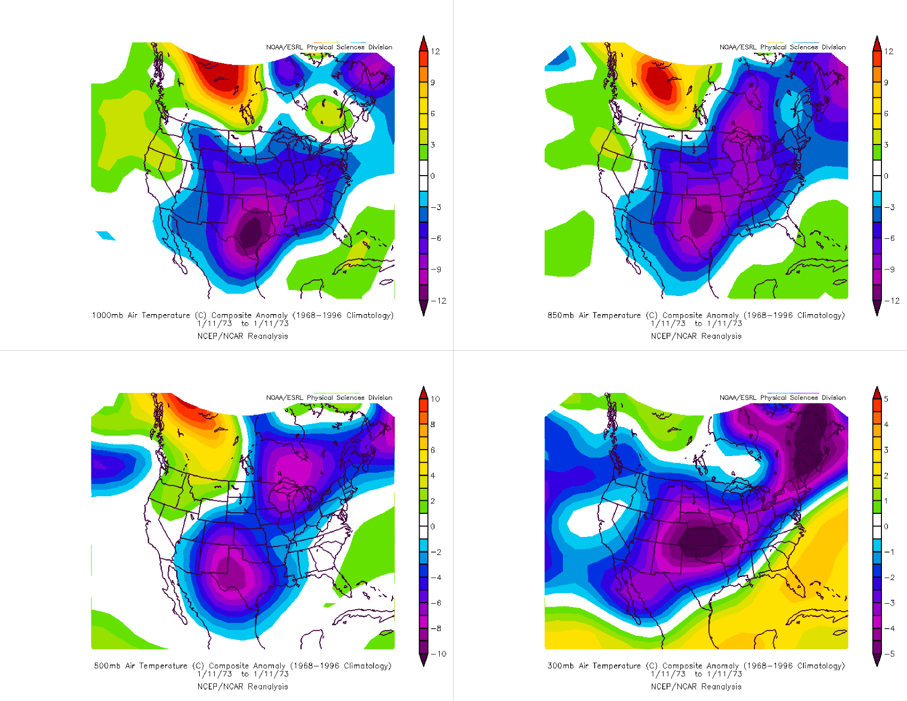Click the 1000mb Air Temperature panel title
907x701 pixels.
click(x=242, y=315)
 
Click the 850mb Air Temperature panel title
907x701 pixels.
click(x=696, y=315)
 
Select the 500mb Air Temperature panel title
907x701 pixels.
click(x=242, y=665)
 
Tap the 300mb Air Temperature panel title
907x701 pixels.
click(x=696, y=665)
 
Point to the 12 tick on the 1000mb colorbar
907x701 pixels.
click(x=435, y=51)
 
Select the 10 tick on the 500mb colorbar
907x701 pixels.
click(x=435, y=399)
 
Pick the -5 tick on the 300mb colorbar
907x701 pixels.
click(x=889, y=654)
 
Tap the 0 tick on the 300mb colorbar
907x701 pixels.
click(x=886, y=526)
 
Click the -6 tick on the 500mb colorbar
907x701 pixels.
click(x=436, y=603)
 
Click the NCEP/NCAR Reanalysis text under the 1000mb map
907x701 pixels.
click(x=242, y=336)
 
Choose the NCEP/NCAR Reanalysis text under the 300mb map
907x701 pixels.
click(x=696, y=686)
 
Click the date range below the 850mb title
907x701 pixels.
click(x=696, y=324)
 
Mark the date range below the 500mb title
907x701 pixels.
click(x=242, y=674)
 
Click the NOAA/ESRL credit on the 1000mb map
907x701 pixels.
click(x=329, y=47)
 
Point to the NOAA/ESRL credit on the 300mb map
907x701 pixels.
click(x=783, y=397)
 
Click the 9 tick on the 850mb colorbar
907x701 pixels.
click(x=886, y=82)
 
